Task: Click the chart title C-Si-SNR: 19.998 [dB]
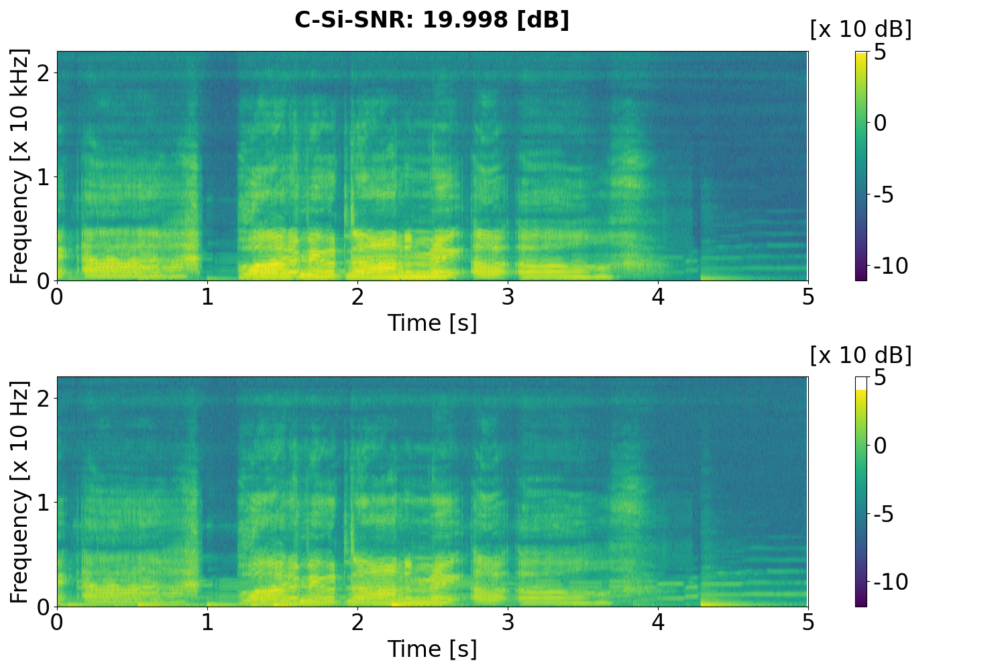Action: pyautogui.click(x=432, y=20)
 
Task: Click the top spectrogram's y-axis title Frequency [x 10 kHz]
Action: pyautogui.click(x=20, y=166)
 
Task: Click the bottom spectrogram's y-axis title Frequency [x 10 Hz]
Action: pyautogui.click(x=20, y=492)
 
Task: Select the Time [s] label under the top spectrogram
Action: pyautogui.click(x=432, y=323)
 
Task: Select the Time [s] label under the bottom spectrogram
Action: pyautogui.click(x=432, y=649)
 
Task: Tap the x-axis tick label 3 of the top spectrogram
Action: pyautogui.click(x=508, y=296)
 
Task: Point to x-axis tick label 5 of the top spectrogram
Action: pyautogui.click(x=808, y=296)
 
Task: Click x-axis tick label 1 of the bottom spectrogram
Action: pyautogui.click(x=207, y=622)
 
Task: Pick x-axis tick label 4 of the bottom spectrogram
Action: pyautogui.click(x=658, y=622)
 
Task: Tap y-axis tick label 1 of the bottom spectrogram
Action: pyautogui.click(x=44, y=502)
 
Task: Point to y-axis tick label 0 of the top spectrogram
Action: pyautogui.click(x=44, y=280)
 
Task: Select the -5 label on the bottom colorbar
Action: pyautogui.click(x=887, y=515)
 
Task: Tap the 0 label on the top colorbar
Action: pyautogui.click(x=881, y=123)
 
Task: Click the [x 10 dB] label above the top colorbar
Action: pyautogui.click(x=860, y=30)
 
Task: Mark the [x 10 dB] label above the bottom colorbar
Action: pyautogui.click(x=860, y=356)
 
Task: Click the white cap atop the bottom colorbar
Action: pyautogui.click(x=861, y=383)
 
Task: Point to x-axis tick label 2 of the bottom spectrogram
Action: pyautogui.click(x=357, y=622)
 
